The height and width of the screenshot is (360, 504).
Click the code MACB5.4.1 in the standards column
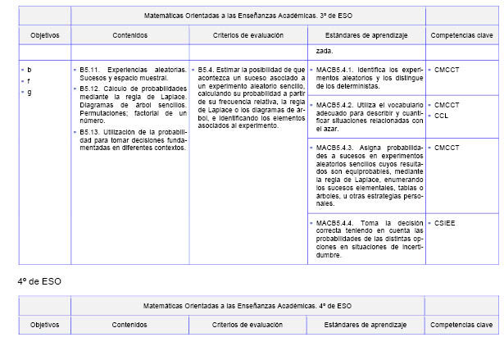[x=334, y=71]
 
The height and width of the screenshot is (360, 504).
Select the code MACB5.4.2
[x=334, y=105]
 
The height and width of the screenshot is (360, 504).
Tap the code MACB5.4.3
[x=334, y=147]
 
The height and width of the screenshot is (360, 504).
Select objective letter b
[x=30, y=71]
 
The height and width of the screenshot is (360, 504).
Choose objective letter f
[x=30, y=81]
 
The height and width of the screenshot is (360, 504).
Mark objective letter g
[x=30, y=92]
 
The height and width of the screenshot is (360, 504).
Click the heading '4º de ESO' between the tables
[x=39, y=281]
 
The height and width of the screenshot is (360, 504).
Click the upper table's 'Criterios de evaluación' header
[x=248, y=36]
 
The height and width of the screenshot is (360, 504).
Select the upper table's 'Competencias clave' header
[x=461, y=36]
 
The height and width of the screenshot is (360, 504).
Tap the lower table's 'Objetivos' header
[x=45, y=325]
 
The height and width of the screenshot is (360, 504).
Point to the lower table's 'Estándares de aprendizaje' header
[x=366, y=325]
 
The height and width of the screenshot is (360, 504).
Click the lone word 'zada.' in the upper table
[x=325, y=51]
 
